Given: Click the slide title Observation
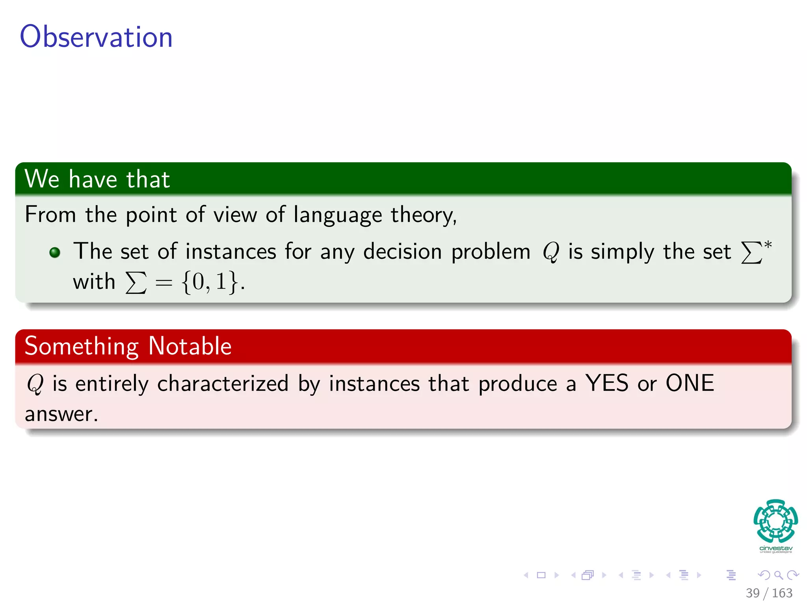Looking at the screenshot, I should (96, 37).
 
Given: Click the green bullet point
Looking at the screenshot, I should (55, 252).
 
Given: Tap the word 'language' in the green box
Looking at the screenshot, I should (338, 215).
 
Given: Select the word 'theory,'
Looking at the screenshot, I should (424, 215).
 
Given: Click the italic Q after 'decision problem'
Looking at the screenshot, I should (550, 252).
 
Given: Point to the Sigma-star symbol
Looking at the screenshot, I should (756, 251).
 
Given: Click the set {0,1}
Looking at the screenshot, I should (210, 282).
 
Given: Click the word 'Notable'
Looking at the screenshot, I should (190, 346).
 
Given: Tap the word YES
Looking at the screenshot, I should (606, 383).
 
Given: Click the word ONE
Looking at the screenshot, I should (690, 383).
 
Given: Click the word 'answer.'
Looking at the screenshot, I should (61, 414).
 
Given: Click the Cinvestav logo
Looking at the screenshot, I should (775, 525).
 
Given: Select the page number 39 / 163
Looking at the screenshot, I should (769, 593).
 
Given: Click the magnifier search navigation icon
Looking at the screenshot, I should (778, 575).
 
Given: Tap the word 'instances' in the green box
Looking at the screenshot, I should (231, 252).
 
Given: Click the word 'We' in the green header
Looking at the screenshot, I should (42, 179).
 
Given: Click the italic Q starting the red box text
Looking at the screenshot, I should (35, 384).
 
